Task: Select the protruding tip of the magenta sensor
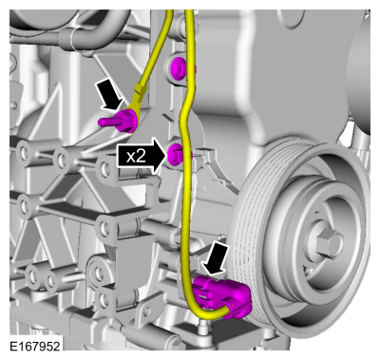click(x=103, y=121)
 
